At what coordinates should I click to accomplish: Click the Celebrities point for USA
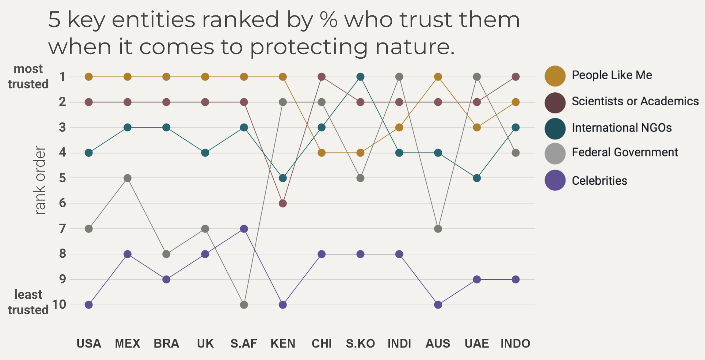(x=89, y=305)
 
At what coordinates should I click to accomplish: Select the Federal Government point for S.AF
(x=244, y=305)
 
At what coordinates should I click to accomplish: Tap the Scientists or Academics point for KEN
(x=283, y=203)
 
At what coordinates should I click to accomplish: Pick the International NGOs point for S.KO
(x=361, y=77)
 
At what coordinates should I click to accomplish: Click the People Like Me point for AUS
(x=438, y=77)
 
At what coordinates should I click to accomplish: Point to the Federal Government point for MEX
(x=128, y=178)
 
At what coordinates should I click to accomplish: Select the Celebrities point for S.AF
(x=244, y=229)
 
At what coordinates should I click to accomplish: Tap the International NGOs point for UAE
(x=477, y=178)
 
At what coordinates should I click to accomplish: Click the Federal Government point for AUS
(x=438, y=229)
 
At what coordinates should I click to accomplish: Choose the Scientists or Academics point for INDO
(x=516, y=77)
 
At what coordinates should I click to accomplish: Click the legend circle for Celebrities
(x=555, y=180)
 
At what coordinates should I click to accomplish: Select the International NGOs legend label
(x=622, y=128)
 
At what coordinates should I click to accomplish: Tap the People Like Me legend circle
(x=555, y=76)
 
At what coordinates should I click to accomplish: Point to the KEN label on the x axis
(x=283, y=344)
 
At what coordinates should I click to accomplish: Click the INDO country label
(x=515, y=344)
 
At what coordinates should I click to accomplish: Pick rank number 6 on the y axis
(x=63, y=203)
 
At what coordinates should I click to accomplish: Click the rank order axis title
(x=40, y=180)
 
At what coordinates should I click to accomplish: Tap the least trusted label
(x=28, y=302)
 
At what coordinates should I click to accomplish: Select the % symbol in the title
(x=328, y=20)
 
